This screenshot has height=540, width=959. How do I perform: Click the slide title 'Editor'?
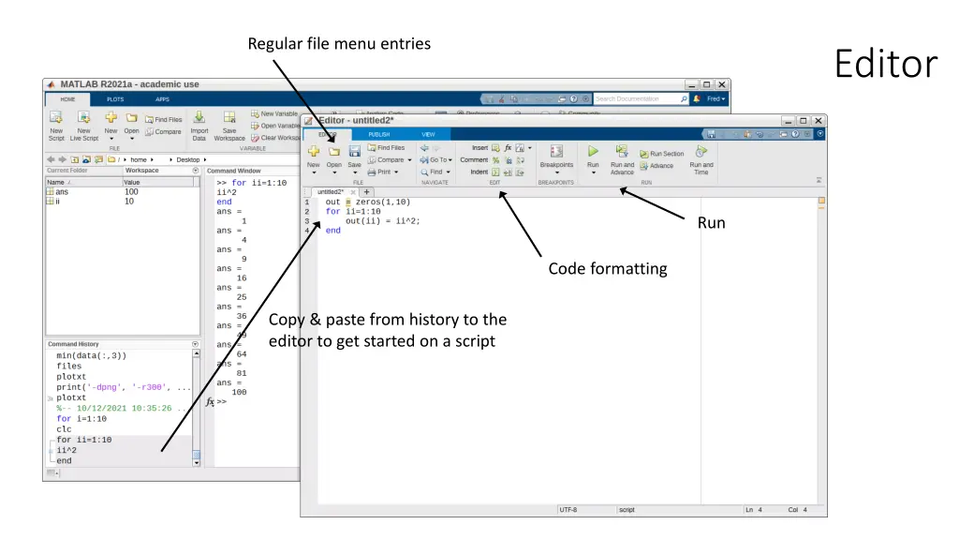coord(885,65)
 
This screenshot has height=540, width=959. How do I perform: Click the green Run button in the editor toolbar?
coord(593,151)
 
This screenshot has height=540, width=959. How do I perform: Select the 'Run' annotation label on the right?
coord(711,223)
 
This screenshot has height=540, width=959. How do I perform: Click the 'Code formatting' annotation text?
coord(608,269)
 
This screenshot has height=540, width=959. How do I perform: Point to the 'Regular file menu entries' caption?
coord(339,43)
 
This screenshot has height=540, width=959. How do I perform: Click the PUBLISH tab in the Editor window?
coord(379,135)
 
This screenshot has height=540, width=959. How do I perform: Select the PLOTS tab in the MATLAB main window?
coord(114,98)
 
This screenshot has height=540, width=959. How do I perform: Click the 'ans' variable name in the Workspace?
coord(62,191)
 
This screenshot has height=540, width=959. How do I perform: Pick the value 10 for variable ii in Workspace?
coord(129,201)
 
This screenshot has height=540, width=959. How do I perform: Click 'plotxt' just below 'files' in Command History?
coord(71,377)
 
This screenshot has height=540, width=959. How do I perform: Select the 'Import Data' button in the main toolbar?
coord(199,125)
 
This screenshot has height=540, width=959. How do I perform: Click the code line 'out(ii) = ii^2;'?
coord(382,221)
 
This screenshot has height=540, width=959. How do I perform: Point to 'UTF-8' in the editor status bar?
coord(568,510)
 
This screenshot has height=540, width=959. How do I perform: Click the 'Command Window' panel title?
coord(234,171)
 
